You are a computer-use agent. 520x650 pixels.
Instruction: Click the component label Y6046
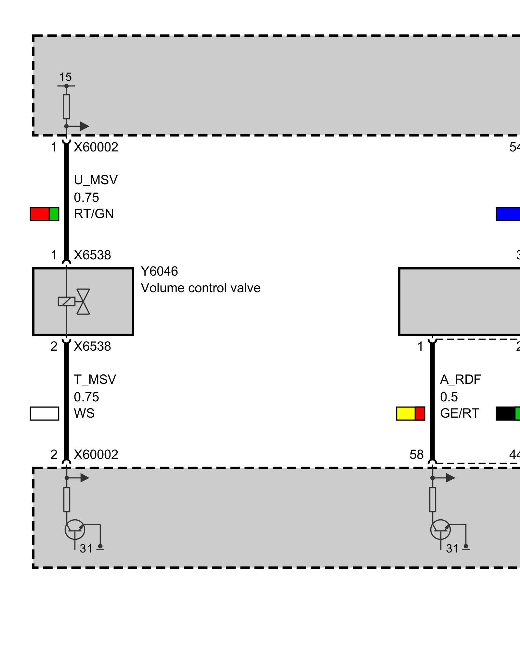pos(159,271)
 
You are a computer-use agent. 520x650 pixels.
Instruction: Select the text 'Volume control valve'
pos(201,288)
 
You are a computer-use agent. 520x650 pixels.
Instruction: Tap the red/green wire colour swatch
pos(45,214)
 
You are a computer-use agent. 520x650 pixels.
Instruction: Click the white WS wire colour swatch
pos(45,413)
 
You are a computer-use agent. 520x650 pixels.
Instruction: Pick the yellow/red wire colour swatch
pos(410,413)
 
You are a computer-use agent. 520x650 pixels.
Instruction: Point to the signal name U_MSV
pos(96,180)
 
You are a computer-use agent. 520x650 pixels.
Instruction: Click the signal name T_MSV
pos(95,380)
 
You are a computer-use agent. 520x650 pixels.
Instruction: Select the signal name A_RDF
pos(460,380)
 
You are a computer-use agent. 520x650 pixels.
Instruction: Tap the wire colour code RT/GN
pos(94,214)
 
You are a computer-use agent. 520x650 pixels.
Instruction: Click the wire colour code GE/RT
pos(460,413)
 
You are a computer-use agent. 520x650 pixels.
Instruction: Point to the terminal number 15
pos(65,77)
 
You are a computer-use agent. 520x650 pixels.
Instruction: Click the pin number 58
pos(416,455)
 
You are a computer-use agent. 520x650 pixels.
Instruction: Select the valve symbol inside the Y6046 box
pos(83,302)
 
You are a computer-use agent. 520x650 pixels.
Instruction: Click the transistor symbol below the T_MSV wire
pos(75,529)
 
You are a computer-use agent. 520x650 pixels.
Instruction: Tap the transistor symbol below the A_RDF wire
pos(440,529)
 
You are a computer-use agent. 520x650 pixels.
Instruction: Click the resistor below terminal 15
pos(66,107)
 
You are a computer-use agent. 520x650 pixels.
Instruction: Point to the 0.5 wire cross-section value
pos(449,397)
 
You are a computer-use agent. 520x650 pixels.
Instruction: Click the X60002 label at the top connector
pos(96,147)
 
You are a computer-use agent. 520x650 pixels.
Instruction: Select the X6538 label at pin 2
pos(92,346)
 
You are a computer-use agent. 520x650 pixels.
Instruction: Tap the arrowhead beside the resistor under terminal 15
pos(84,126)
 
